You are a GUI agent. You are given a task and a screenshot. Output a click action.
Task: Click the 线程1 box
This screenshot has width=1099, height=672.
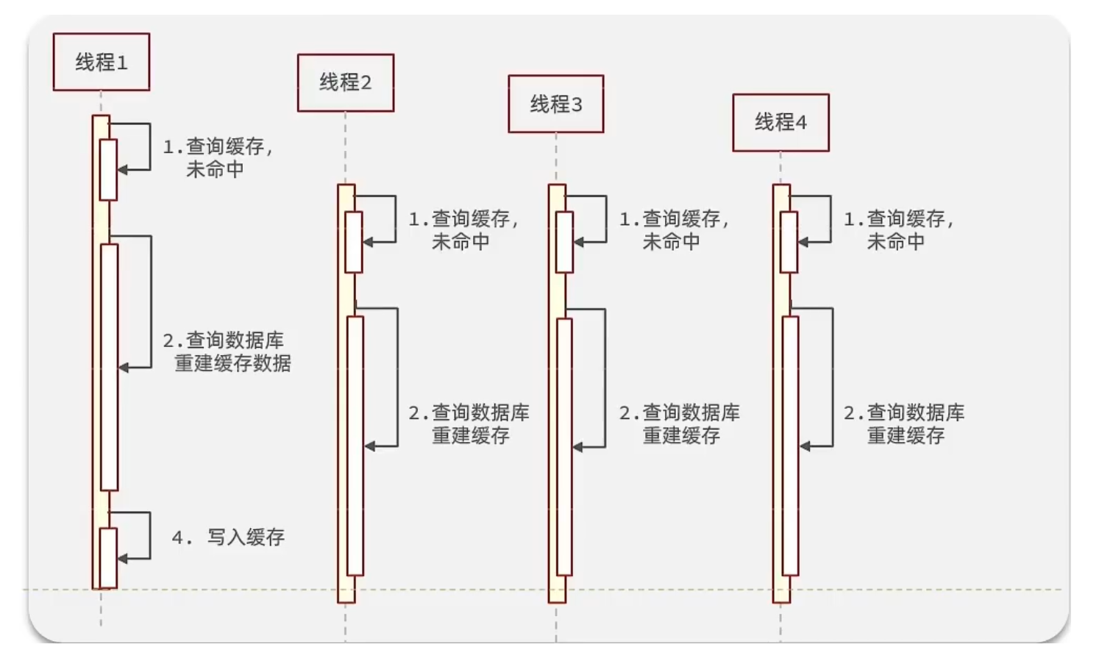pos(102,62)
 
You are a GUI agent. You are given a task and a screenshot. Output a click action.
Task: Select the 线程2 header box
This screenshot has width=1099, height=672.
pos(346,82)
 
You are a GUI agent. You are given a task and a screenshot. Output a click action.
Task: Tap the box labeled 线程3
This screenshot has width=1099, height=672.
pos(556,104)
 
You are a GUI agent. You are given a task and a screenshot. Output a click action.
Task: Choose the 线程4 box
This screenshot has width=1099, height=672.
pos(780,123)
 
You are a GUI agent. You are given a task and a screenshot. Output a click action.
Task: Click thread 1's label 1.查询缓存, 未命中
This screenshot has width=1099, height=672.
pos(218,158)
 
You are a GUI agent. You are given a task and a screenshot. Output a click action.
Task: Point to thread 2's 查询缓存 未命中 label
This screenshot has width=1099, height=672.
pos(463,230)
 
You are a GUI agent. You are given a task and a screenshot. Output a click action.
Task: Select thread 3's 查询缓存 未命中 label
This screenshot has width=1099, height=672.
pos(674,230)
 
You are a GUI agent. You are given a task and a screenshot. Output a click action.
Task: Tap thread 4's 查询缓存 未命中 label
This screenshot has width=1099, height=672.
pos(898,230)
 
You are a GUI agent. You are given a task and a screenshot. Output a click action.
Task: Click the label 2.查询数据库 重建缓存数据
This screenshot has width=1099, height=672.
pos(227,351)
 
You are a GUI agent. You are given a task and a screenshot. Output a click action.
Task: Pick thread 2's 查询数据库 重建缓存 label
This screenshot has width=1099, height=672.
pos(469,424)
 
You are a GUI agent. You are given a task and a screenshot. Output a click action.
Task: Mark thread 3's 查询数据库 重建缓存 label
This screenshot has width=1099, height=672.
pos(680,424)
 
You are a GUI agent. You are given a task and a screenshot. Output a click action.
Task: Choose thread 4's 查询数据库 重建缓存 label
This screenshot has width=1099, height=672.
pos(904,424)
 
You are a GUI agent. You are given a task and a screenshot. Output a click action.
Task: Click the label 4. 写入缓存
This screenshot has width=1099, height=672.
pos(228,537)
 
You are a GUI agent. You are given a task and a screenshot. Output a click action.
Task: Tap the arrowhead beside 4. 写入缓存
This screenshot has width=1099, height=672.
pos(123,559)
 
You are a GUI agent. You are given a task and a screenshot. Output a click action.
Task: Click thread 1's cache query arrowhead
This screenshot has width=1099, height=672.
pos(123,170)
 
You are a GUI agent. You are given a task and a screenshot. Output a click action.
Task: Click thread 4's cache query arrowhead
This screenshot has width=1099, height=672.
pos(803,242)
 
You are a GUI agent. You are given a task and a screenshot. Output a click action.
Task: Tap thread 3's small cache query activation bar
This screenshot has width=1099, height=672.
pos(564,242)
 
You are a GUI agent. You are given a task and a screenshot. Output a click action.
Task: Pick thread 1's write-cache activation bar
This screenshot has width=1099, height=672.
pos(108,558)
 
